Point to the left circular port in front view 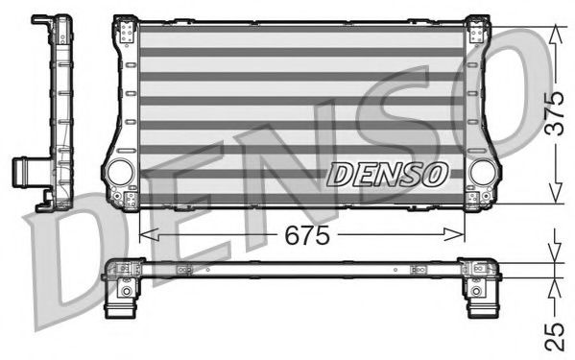click(120, 172)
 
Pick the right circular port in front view click(483, 172)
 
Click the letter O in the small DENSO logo click(436, 174)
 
